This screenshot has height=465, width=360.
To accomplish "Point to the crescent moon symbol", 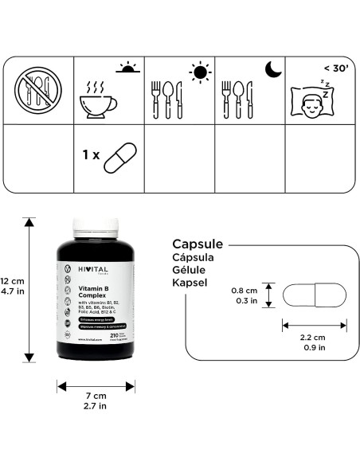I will (273, 71).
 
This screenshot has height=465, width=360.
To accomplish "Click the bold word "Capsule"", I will (198, 244).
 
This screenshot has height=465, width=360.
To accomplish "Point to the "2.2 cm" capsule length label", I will (313, 338).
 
